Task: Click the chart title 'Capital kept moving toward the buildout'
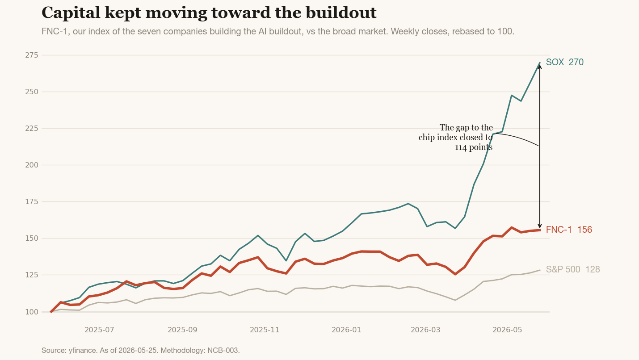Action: pos(209,13)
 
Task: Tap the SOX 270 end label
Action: pos(564,62)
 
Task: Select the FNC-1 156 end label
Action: pos(569,230)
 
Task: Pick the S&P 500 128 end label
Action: pos(573,269)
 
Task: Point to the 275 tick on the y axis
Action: pos(32,55)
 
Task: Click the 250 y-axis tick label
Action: pos(32,92)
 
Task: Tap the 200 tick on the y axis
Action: pos(32,165)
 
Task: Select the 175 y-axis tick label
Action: pos(32,201)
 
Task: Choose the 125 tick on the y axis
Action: pos(32,275)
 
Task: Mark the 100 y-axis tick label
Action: pos(32,312)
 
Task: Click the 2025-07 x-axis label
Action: pos(99,330)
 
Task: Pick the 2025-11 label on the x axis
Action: pos(265,330)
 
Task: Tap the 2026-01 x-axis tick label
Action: pos(346,330)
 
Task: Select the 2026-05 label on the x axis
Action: pos(507,330)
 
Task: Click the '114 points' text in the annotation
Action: pos(474,147)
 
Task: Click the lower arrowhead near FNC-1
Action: pos(540,226)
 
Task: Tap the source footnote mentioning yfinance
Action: pos(141,350)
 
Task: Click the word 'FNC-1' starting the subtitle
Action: pos(55,31)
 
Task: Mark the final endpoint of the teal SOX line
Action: pos(540,63)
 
